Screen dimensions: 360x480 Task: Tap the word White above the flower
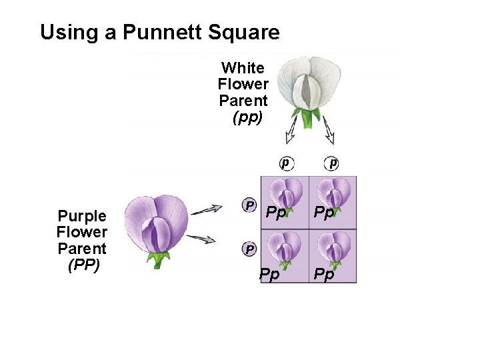click(x=243, y=68)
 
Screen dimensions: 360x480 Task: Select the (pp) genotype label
click(x=247, y=118)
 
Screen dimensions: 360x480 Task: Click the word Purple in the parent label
click(x=82, y=216)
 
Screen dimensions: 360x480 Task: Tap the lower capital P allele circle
click(x=249, y=249)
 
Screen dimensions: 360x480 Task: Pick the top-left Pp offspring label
click(x=276, y=213)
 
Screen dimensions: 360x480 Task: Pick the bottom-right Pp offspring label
click(x=324, y=275)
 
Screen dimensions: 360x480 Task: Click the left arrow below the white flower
click(x=291, y=131)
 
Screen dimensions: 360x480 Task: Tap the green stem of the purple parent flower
click(x=159, y=259)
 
